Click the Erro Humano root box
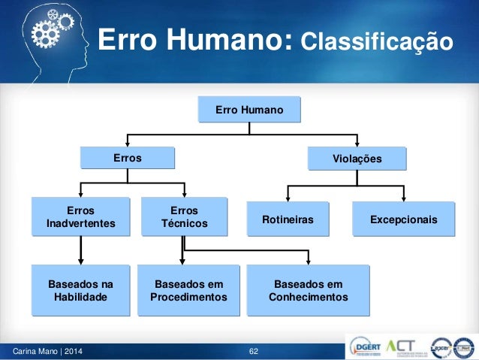click(x=249, y=110)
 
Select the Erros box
click(x=128, y=159)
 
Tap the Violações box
click(x=357, y=159)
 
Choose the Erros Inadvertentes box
click(x=80, y=217)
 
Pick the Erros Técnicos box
click(x=184, y=217)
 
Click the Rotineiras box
click(x=288, y=219)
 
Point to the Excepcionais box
click(x=404, y=219)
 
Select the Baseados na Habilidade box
click(x=80, y=290)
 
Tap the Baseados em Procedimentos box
click(x=188, y=290)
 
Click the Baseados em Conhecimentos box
click(x=308, y=290)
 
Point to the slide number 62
click(x=254, y=351)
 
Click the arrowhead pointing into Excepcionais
click(x=404, y=198)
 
